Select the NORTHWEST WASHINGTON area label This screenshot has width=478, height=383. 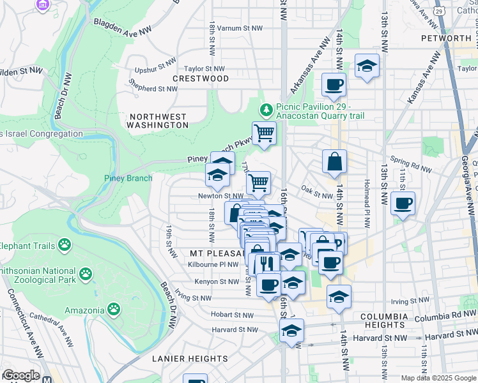point(158,121)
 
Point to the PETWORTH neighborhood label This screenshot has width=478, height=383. point(446,38)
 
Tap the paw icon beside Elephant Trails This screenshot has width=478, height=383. point(65,244)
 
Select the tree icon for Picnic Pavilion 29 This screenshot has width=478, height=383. point(268,107)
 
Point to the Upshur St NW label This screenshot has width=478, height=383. point(155,63)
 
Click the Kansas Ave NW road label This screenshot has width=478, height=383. point(424,78)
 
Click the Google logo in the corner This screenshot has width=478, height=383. point(20,375)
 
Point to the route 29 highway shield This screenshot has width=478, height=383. point(438,11)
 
